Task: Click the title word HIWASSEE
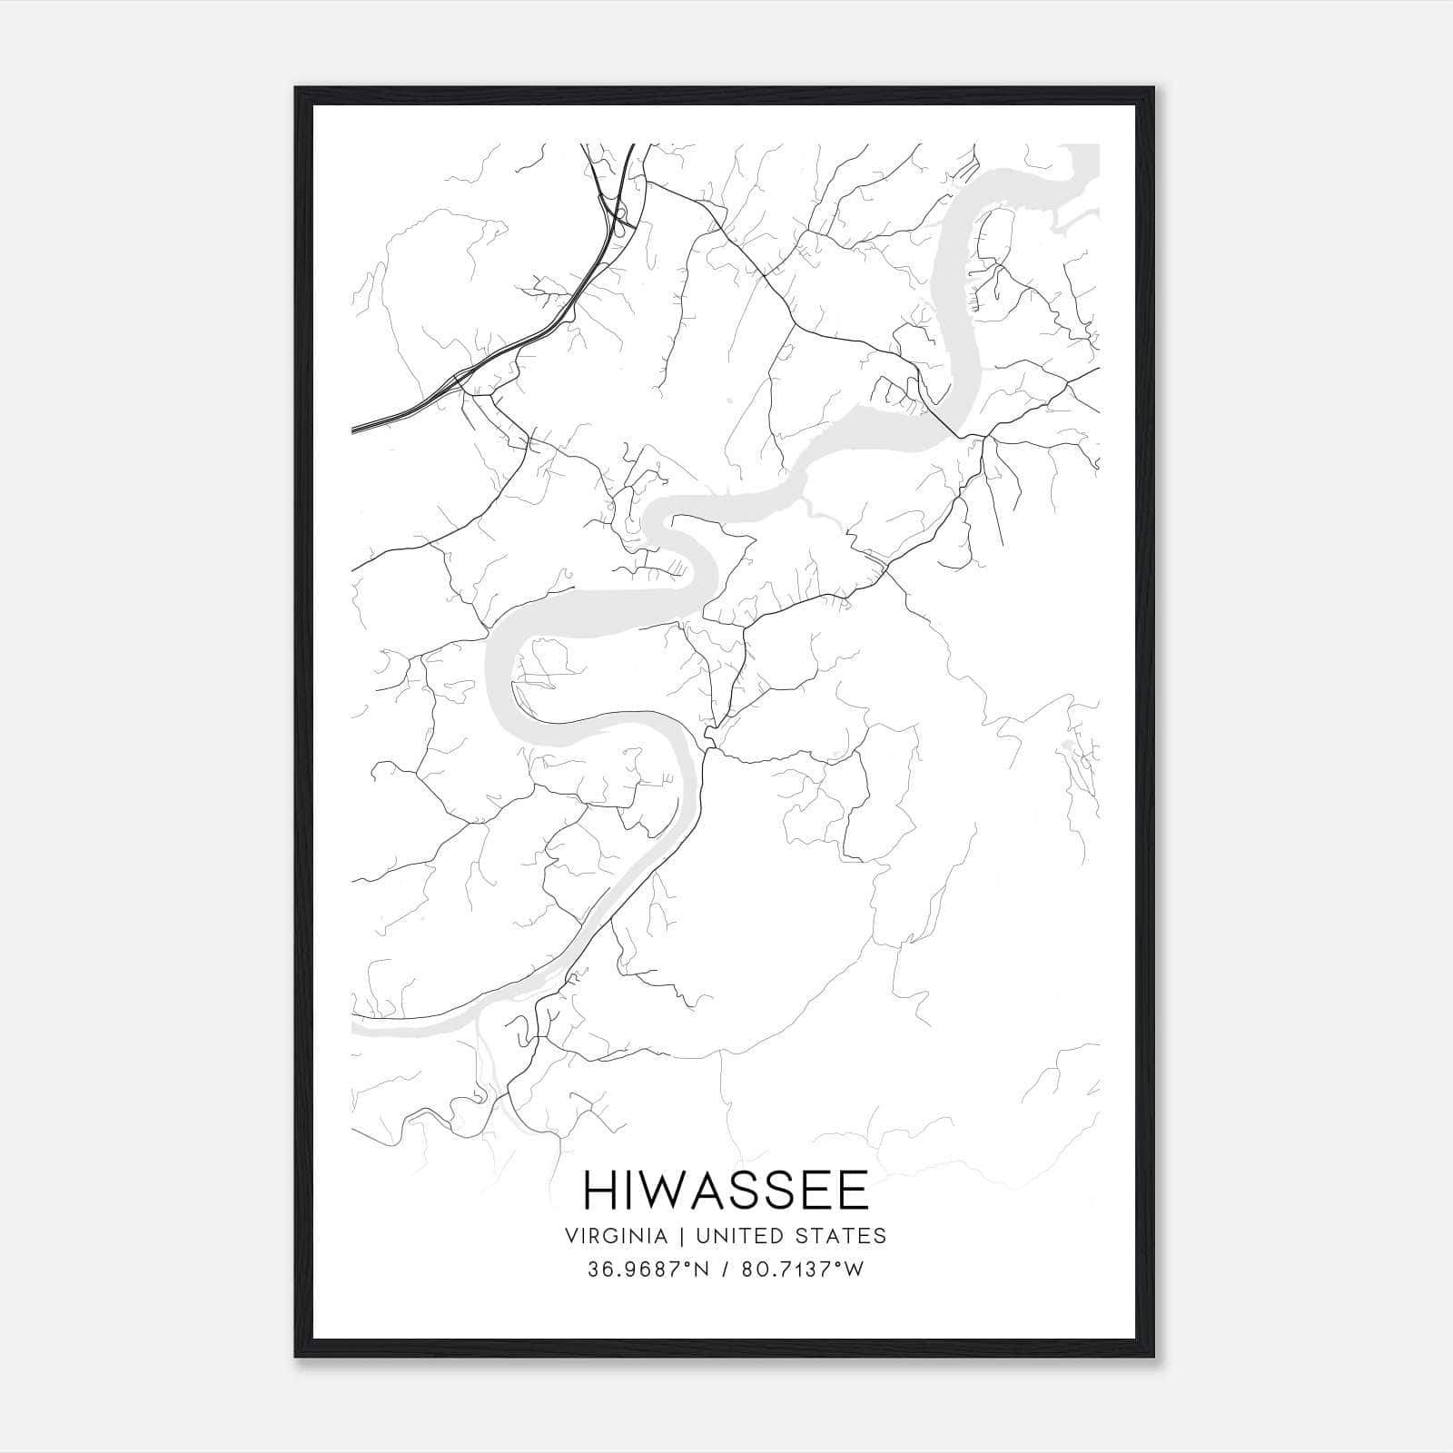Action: [x=726, y=1191]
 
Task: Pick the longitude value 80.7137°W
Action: [x=802, y=1270]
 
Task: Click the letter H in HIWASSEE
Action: [x=599, y=1191]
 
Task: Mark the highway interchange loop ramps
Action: [x=620, y=218]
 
